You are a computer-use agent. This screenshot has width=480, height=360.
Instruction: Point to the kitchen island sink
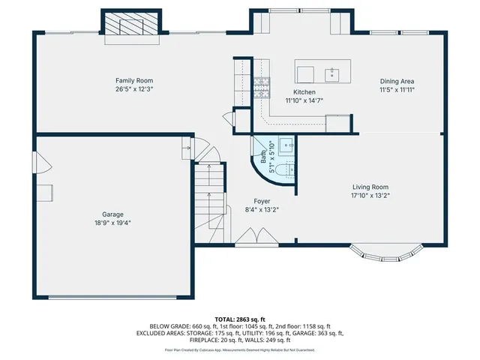click(331, 73)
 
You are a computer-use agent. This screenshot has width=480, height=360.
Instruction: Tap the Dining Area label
click(397, 81)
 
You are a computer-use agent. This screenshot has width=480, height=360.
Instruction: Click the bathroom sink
click(286, 145)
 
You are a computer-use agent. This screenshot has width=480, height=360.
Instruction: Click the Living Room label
click(370, 187)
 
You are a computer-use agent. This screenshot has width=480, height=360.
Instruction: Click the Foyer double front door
click(256, 238)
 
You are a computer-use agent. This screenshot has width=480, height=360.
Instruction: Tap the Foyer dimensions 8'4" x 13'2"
click(262, 210)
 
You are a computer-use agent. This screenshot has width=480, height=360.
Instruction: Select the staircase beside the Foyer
click(209, 199)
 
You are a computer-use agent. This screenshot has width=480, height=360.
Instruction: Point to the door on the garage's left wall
click(41, 163)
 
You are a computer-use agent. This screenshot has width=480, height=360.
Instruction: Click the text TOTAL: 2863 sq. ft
click(239, 319)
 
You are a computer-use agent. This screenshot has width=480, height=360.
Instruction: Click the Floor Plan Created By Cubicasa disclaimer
click(239, 349)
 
